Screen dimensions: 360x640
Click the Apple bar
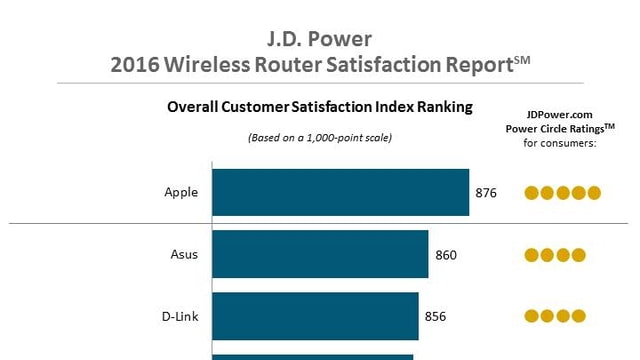(340, 192)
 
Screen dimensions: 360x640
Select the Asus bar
(320, 254)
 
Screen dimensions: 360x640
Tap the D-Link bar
(315, 316)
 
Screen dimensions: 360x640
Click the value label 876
(486, 193)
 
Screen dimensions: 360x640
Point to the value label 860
(446, 255)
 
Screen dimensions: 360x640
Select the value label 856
(435, 317)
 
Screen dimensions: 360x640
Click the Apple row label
(181, 193)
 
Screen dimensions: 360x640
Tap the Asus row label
(184, 254)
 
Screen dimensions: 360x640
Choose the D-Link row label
(180, 317)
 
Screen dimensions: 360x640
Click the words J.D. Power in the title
(319, 40)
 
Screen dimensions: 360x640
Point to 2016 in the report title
(134, 66)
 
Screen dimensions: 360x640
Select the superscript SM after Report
(520, 60)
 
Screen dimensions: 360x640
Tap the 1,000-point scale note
(320, 137)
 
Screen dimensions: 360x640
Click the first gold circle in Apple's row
(532, 193)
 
